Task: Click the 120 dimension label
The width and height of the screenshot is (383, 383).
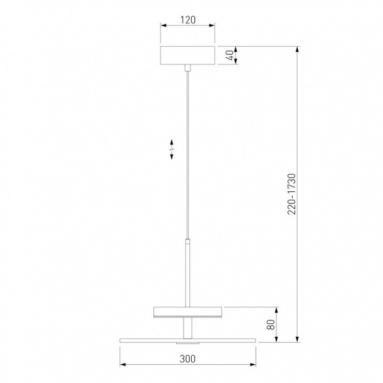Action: (x=188, y=20)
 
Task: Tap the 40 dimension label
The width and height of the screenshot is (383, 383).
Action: (x=230, y=55)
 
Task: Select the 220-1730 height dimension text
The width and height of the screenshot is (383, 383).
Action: (x=291, y=194)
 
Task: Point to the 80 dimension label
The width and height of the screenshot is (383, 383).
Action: (x=271, y=324)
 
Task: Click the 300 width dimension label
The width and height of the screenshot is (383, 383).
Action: (x=187, y=359)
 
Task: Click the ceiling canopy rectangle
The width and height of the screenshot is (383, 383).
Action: (x=187, y=55)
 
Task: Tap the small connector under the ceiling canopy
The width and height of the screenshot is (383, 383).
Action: (x=187, y=68)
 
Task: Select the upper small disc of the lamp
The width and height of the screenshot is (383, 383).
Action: (x=187, y=312)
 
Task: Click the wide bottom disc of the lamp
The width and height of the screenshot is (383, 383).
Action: (x=187, y=341)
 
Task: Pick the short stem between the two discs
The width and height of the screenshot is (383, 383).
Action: (x=187, y=328)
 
